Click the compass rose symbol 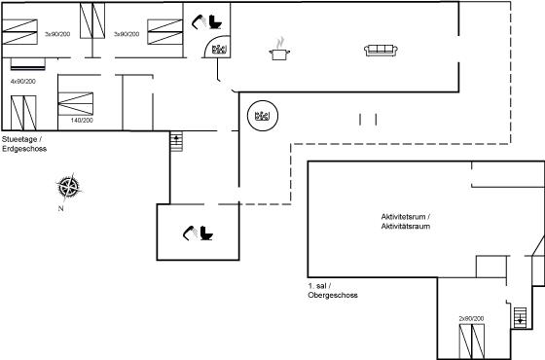[x=69, y=187]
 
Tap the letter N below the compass [x=60, y=209]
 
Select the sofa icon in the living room [x=381, y=51]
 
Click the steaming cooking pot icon [x=279, y=50]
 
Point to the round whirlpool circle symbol [x=263, y=116]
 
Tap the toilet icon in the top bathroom [x=215, y=21]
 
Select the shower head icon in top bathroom [x=200, y=21]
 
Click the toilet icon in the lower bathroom [x=206, y=233]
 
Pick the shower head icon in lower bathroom [x=190, y=233]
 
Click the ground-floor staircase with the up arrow [x=176, y=141]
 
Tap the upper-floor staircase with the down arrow [x=520, y=317]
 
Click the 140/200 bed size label [x=82, y=121]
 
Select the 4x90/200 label [x=23, y=82]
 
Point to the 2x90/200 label [x=471, y=318]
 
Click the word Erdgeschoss [x=24, y=149]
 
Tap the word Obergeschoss [x=333, y=295]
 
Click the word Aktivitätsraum [x=406, y=226]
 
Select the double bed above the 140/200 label [x=76, y=103]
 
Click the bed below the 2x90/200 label [x=472, y=342]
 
